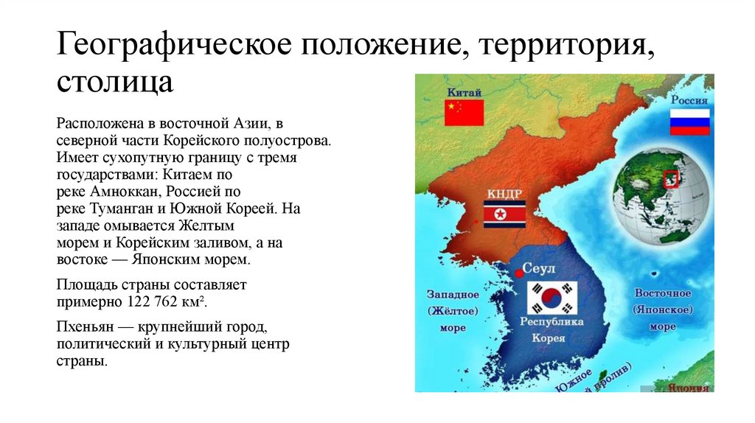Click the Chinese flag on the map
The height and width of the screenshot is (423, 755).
(464, 113)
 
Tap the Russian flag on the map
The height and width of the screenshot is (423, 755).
(689, 122)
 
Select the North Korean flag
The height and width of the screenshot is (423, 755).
(504, 214)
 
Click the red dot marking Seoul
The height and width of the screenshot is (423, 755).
(519, 273)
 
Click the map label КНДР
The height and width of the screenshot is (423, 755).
(504, 194)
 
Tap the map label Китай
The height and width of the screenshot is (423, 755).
(463, 92)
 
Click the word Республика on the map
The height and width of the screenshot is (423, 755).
(552, 322)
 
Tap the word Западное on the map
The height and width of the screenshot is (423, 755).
(453, 294)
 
